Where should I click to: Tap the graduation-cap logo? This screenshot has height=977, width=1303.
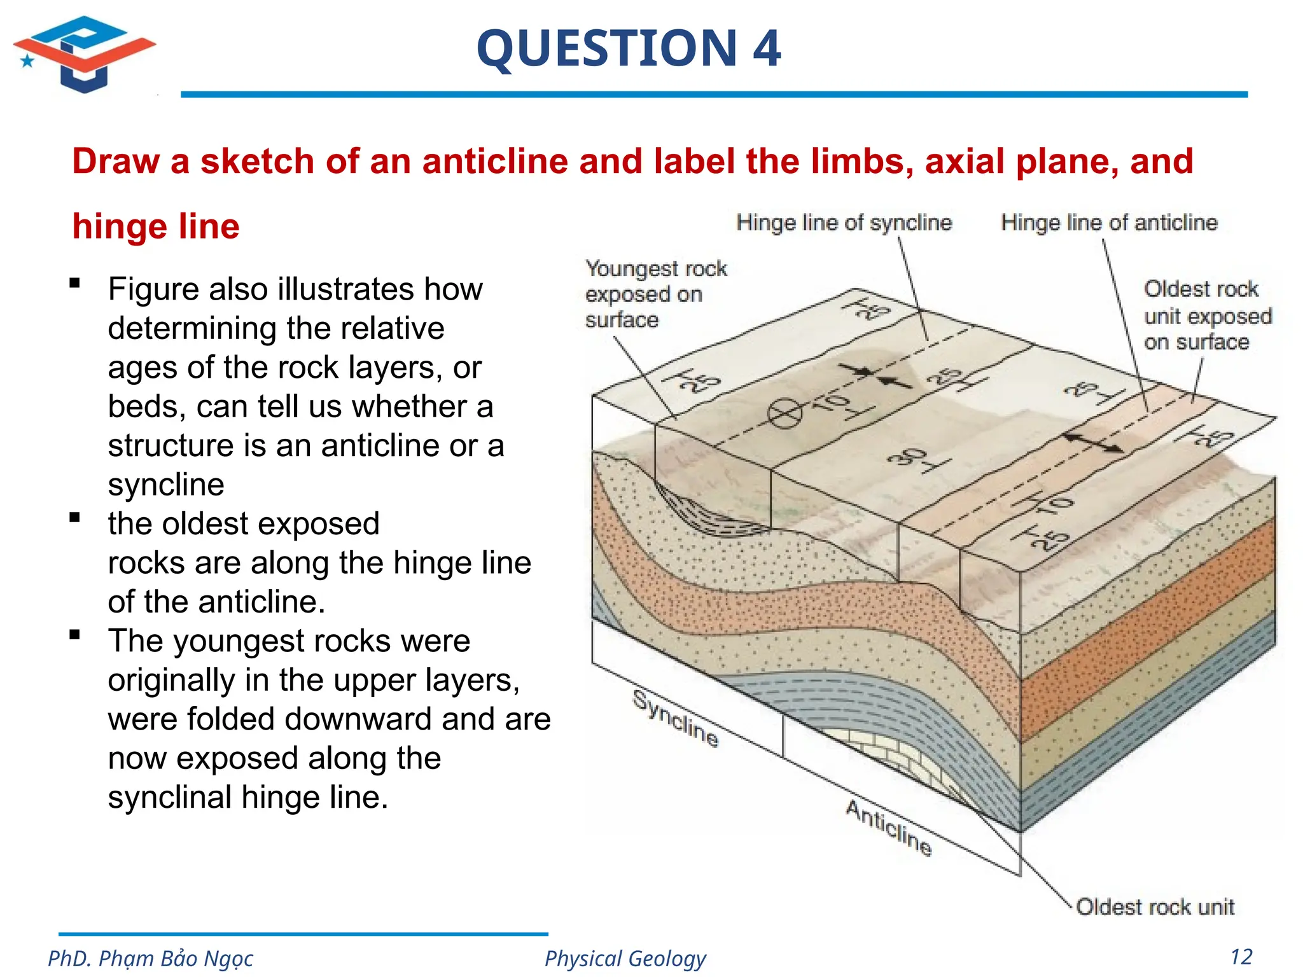coord(85,55)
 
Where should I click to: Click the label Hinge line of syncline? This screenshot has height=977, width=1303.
coord(844,223)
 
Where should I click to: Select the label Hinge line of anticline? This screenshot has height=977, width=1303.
coord(1109,223)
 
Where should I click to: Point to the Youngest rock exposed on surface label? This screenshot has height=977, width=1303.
coord(655,294)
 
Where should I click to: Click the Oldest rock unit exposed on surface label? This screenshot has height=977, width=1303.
coord(1207,315)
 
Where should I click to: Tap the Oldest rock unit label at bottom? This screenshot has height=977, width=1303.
coord(1154,906)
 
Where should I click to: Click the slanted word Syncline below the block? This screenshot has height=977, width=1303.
coord(676,719)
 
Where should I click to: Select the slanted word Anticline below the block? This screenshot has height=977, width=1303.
coord(889,828)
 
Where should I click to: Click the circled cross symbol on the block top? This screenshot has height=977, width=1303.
coord(784,414)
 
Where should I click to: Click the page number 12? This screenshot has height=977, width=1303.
coord(1241,957)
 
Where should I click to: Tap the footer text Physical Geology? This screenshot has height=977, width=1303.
coord(625,958)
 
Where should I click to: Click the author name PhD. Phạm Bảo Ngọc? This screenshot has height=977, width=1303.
coord(150,958)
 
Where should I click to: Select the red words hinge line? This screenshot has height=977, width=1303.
coord(156,226)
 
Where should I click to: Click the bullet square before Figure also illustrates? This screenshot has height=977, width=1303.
coord(75,284)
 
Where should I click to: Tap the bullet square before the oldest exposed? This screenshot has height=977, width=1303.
coord(75,518)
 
